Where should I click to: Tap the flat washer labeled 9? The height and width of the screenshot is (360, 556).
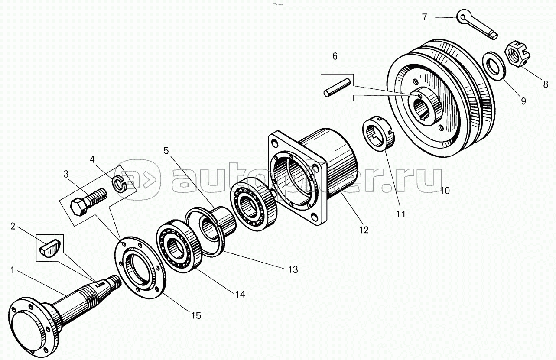point(493,66)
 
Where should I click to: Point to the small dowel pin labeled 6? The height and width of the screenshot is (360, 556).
point(337,88)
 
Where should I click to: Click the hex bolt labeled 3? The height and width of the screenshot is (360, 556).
point(88,201)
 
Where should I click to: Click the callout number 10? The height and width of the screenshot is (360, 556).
point(445,191)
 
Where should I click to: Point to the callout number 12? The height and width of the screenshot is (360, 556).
point(364,230)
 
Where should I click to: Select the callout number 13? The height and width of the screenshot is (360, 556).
point(293,269)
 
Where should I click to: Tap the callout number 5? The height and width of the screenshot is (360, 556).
point(166,151)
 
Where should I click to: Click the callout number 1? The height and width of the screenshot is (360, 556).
point(13,270)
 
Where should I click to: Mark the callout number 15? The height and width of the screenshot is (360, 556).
point(196,315)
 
